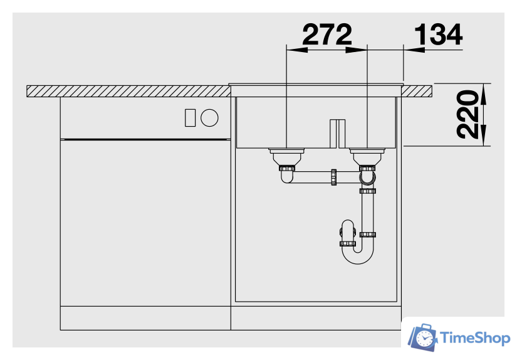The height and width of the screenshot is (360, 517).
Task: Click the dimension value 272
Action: [x=327, y=34]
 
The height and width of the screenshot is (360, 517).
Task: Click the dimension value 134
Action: [x=438, y=34]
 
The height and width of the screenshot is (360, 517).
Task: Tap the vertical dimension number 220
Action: [x=467, y=114]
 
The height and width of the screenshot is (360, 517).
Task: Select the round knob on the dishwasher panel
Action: [x=209, y=118]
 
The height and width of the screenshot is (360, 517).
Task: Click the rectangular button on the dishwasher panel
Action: [x=190, y=118]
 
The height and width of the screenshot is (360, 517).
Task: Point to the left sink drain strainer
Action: [x=286, y=157]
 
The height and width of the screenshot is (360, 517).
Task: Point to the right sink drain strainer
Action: [x=367, y=157]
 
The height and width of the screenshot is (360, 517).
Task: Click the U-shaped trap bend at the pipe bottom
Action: [x=358, y=256]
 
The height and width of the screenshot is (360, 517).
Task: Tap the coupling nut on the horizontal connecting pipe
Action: [x=333, y=177]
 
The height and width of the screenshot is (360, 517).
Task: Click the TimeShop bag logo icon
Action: [x=422, y=337]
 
